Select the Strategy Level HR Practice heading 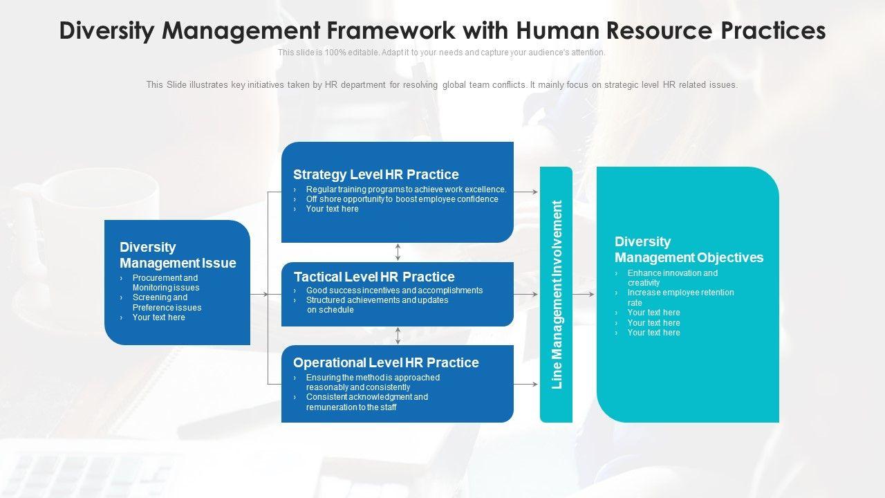375,174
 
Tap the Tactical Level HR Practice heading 374,277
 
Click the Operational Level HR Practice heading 386,362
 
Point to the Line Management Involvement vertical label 557,295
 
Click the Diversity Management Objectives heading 689,250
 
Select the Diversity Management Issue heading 178,255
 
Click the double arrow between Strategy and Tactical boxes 398,252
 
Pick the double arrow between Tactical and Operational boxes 398,335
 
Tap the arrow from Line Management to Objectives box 583,295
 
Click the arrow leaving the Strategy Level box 526,192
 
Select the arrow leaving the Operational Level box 526,384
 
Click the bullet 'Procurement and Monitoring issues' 166,283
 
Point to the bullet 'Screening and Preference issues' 167,302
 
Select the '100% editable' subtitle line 441,53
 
